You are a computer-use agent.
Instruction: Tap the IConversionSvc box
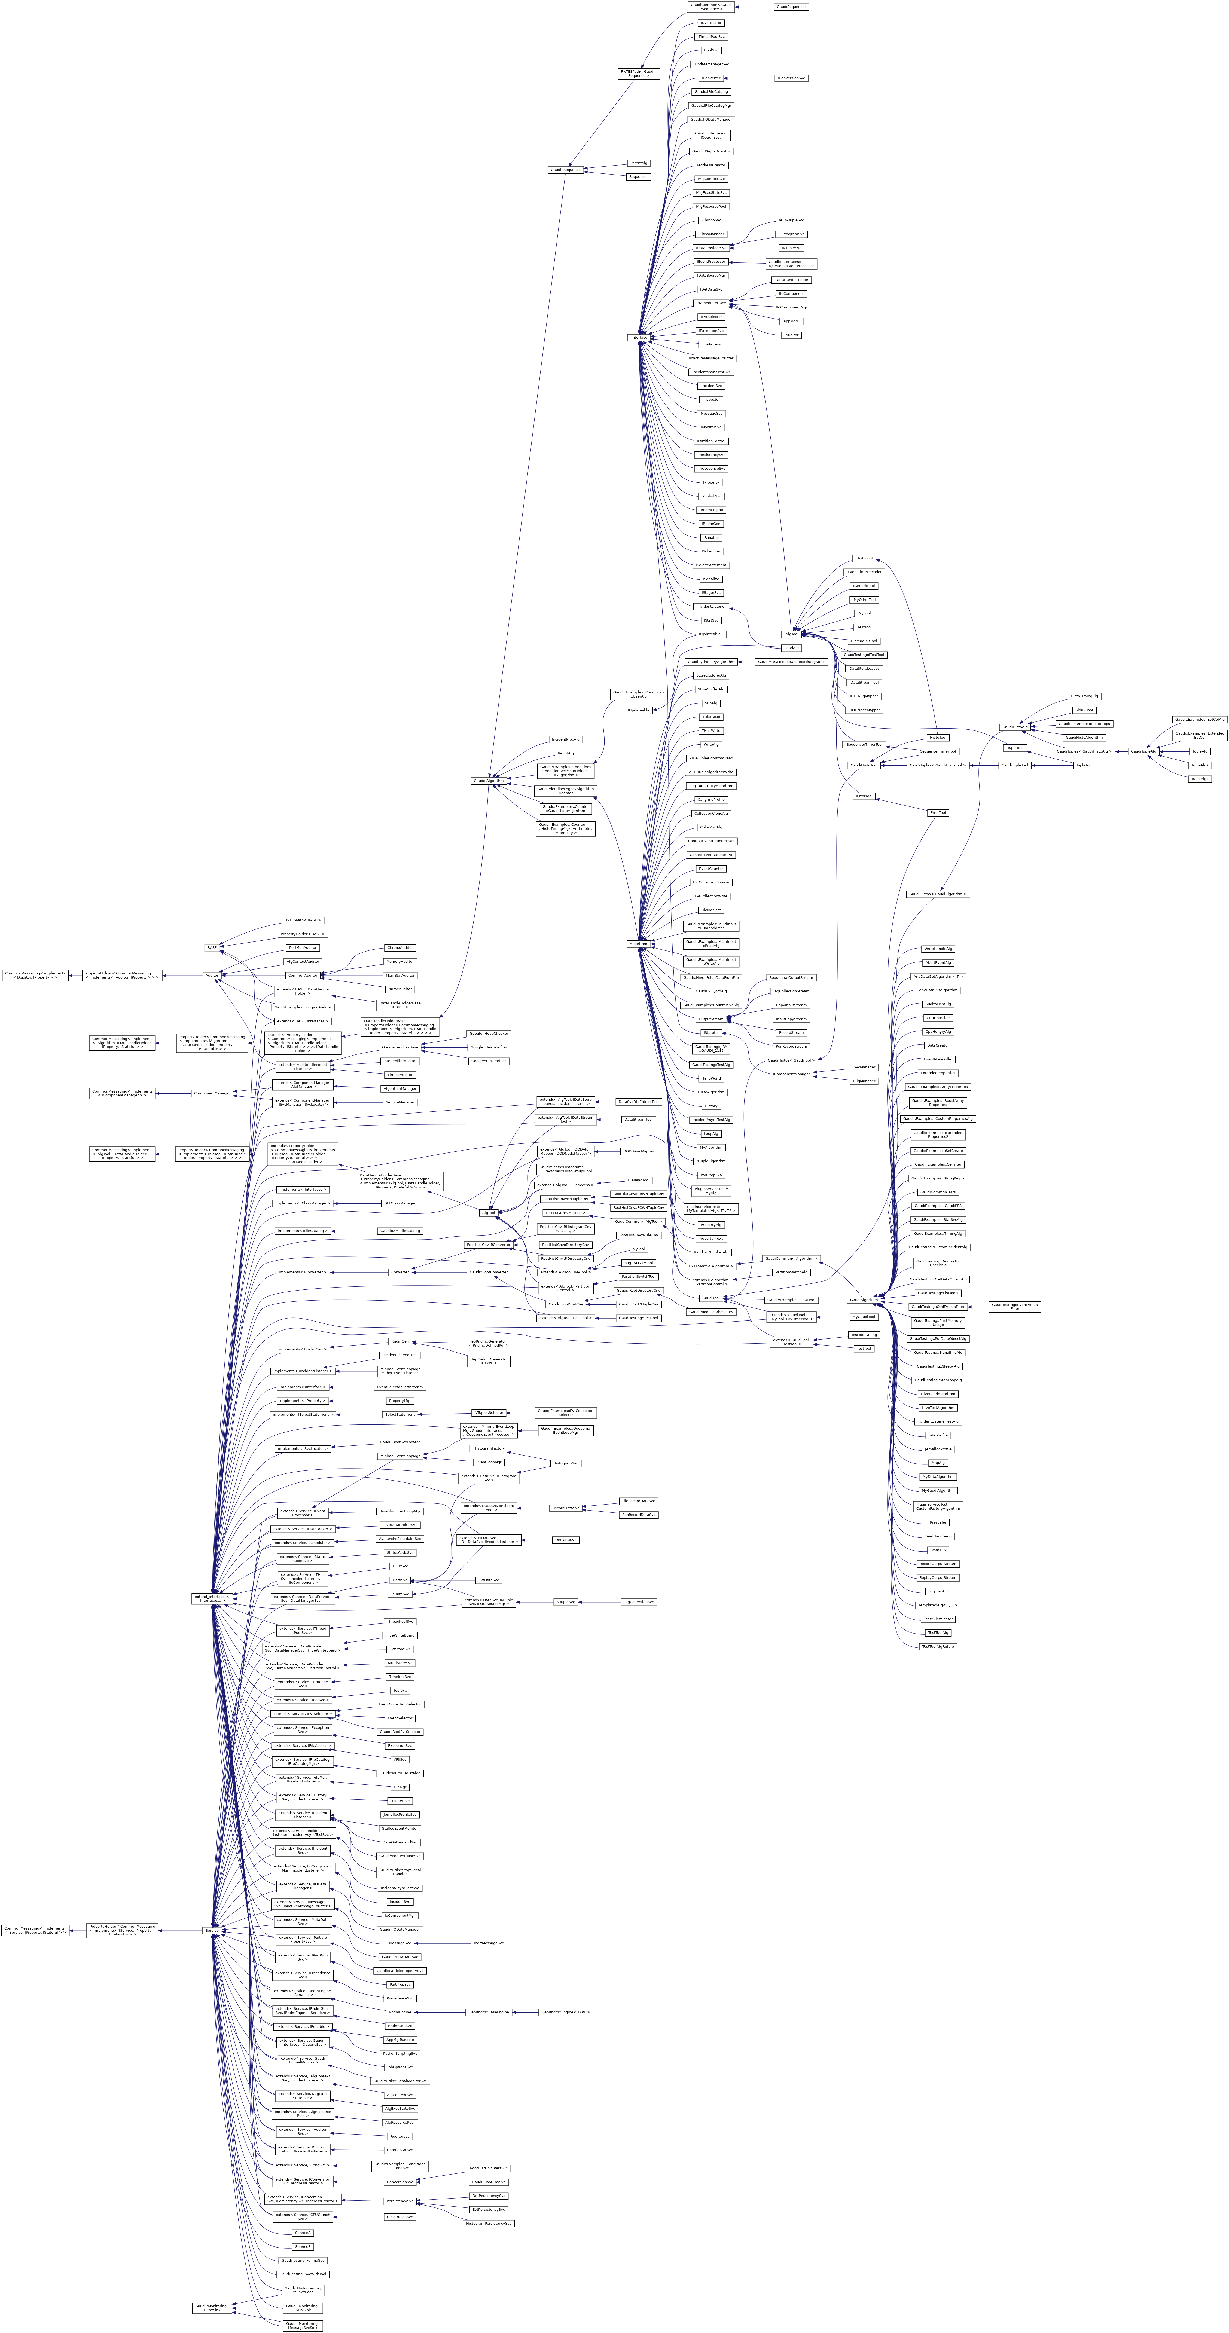tap(791, 78)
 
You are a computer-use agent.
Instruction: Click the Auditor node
tap(212, 976)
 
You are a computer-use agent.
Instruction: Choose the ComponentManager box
tap(212, 1093)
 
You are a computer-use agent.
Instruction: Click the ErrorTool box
tap(937, 812)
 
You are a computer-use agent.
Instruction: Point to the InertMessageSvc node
tap(488, 1943)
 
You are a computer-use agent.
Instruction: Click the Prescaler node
tap(937, 1522)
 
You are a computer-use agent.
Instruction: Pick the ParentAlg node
tap(639, 163)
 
